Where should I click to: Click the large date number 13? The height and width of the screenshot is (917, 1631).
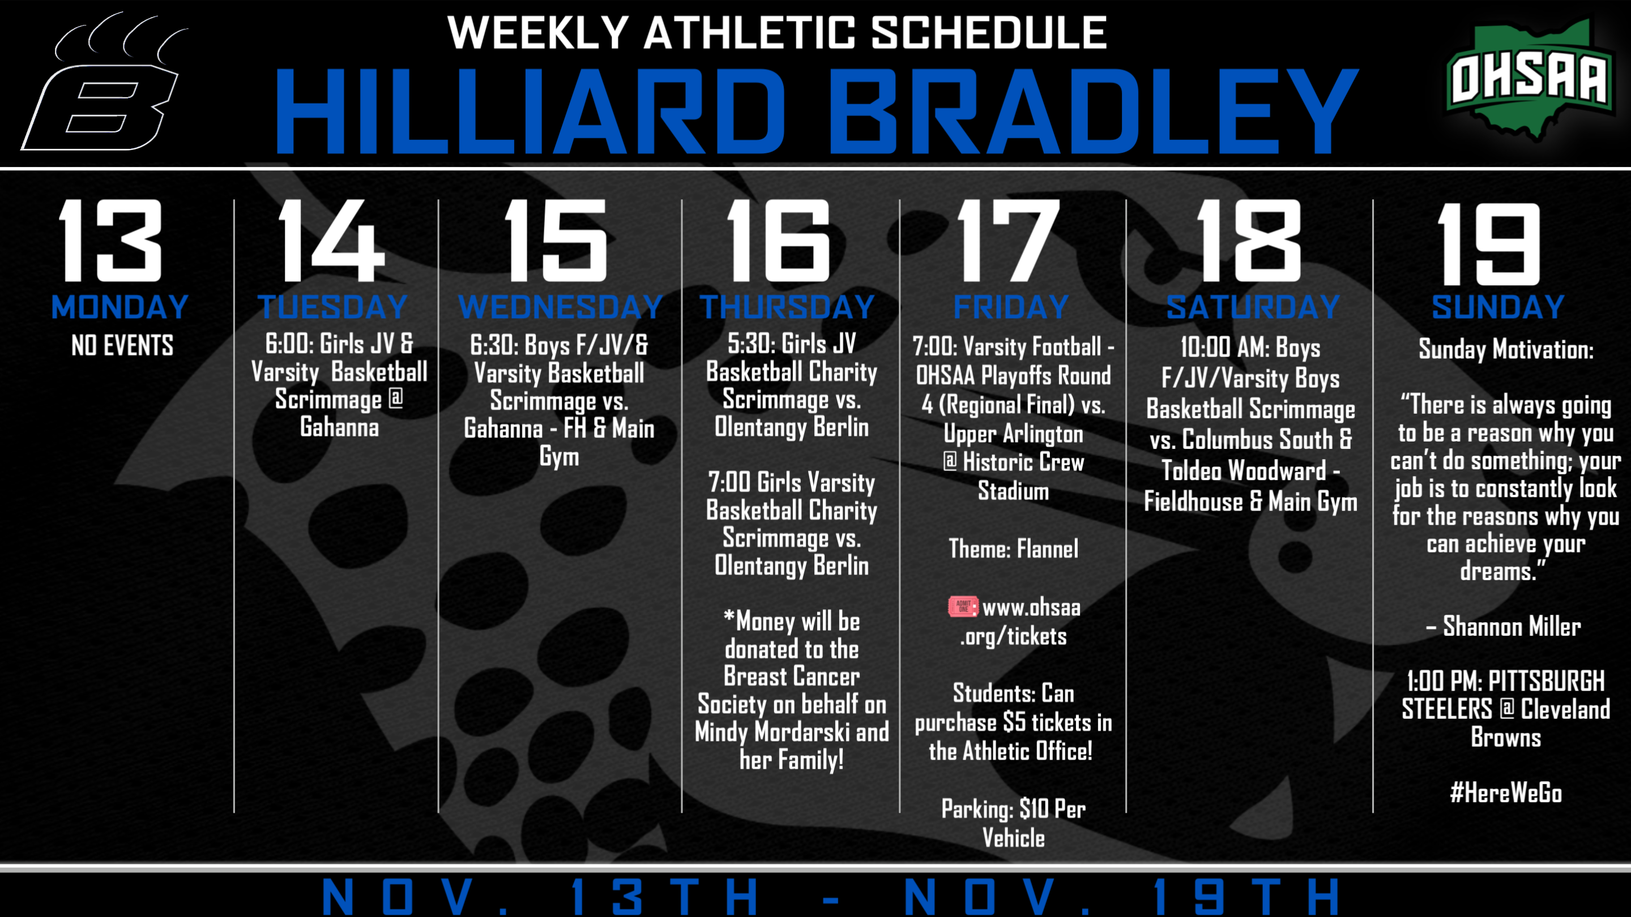click(110, 241)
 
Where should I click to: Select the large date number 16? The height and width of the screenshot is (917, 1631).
click(779, 241)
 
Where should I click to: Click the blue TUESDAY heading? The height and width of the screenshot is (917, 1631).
click(332, 307)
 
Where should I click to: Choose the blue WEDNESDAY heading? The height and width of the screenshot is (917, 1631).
click(560, 307)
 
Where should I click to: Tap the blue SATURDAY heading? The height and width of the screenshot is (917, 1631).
click(1253, 307)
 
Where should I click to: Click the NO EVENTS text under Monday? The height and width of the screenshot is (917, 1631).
click(122, 345)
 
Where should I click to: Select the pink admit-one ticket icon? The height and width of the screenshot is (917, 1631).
click(963, 606)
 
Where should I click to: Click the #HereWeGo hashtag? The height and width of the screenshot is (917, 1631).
click(1506, 793)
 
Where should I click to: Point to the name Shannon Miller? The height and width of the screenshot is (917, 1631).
click(1512, 627)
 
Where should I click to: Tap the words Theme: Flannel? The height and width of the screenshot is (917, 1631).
click(1014, 549)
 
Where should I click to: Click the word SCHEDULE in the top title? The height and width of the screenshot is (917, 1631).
click(989, 33)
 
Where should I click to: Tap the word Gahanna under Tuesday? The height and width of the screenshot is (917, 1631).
click(339, 427)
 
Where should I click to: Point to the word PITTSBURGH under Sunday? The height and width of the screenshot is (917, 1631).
click(1547, 682)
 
